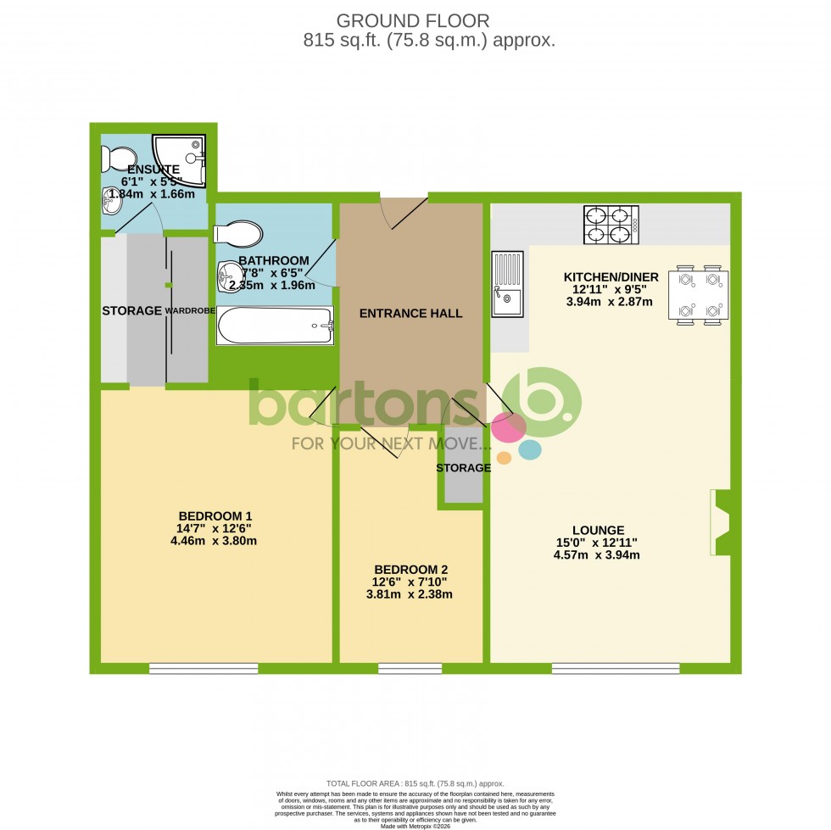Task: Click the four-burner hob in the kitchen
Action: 611,225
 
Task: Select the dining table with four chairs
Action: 699,296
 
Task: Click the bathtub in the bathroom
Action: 275,326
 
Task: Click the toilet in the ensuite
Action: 117,159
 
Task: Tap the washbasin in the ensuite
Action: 110,201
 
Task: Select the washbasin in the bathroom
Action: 229,274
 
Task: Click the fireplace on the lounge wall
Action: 720,523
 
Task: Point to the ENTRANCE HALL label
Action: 411,314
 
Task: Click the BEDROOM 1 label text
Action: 215,515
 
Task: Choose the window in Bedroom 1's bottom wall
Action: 204,669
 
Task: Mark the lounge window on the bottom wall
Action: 615,669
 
